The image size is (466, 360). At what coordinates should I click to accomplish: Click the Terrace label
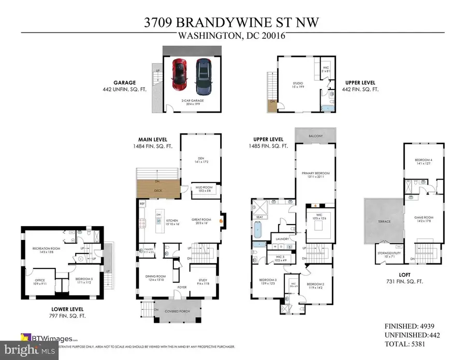(384, 221)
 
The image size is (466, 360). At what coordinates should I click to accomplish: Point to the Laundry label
(283, 238)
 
